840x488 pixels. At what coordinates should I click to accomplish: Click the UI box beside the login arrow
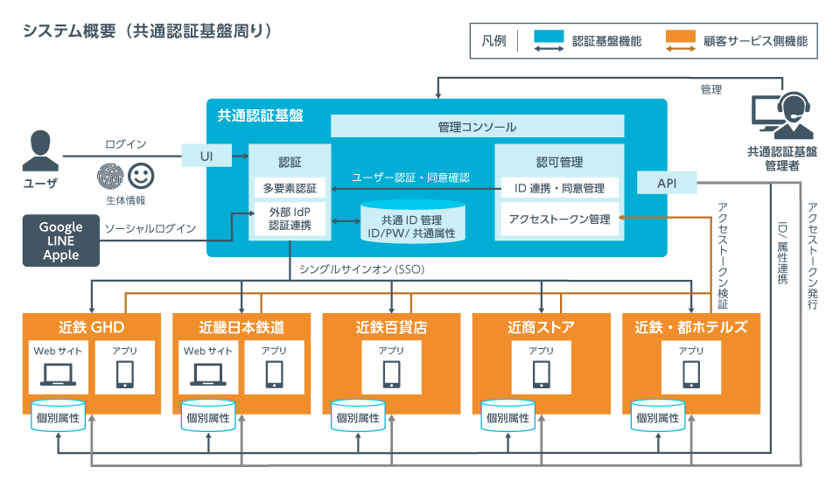pos(206,156)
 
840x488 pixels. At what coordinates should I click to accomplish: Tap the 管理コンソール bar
pos(477,127)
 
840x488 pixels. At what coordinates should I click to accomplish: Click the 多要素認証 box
pos(290,188)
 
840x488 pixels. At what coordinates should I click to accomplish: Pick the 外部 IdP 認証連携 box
pos(290,219)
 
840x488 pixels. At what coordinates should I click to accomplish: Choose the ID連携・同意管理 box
pos(559,187)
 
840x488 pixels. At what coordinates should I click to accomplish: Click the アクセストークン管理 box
pos(559,219)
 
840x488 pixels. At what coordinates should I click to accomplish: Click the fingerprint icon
pos(109,176)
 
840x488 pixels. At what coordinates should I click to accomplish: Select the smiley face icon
pos(140,176)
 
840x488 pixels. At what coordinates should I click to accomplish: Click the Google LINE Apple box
pos(61,241)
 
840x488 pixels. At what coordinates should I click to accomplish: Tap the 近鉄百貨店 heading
pos(391,328)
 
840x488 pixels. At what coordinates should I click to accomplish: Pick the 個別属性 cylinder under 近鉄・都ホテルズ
pos(658,417)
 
